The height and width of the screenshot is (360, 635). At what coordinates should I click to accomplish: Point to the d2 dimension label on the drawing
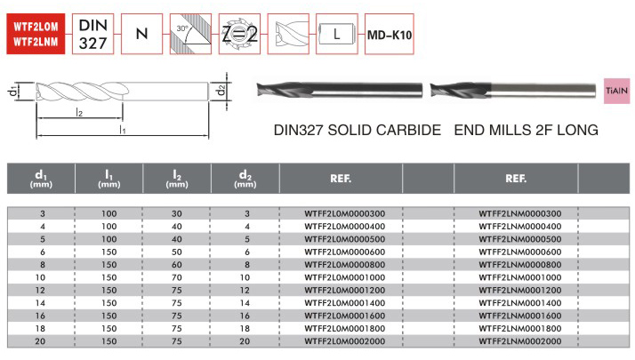click(x=221, y=91)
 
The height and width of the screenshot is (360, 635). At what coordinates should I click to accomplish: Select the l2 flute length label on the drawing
click(x=79, y=112)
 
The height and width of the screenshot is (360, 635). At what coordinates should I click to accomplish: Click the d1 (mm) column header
click(x=43, y=179)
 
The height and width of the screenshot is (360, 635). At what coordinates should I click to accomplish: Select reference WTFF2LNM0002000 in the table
click(x=519, y=340)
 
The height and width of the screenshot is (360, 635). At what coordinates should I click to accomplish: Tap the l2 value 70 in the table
click(x=177, y=277)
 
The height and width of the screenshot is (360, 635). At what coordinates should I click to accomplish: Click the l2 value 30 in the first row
click(x=177, y=213)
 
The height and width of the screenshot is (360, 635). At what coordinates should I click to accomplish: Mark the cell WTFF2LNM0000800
click(x=519, y=264)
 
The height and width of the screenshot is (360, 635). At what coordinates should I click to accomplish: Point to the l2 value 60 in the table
click(x=177, y=264)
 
